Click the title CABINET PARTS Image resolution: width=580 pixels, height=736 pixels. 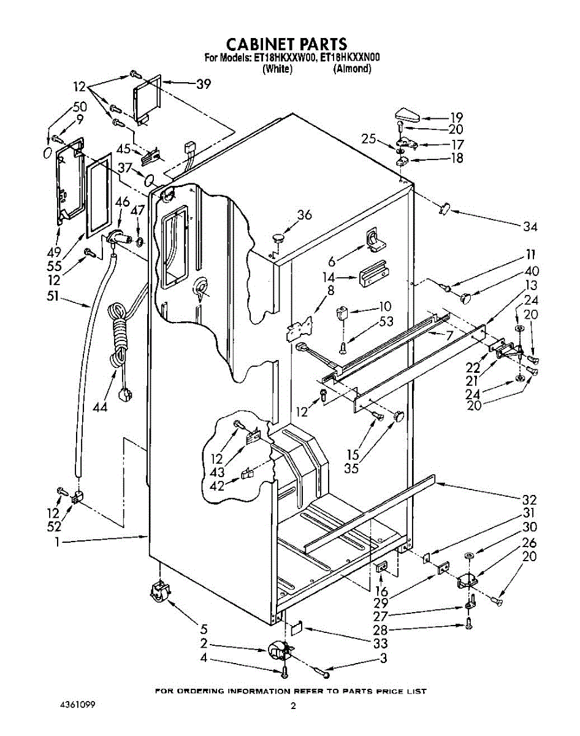click(287, 44)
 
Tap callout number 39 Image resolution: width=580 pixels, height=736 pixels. click(203, 84)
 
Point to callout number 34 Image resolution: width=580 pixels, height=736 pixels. click(530, 227)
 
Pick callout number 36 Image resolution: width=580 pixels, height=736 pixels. click(305, 215)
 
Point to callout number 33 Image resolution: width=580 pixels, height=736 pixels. click(380, 644)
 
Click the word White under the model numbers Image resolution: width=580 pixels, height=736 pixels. click(277, 69)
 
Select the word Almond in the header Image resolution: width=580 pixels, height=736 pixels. click(352, 69)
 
